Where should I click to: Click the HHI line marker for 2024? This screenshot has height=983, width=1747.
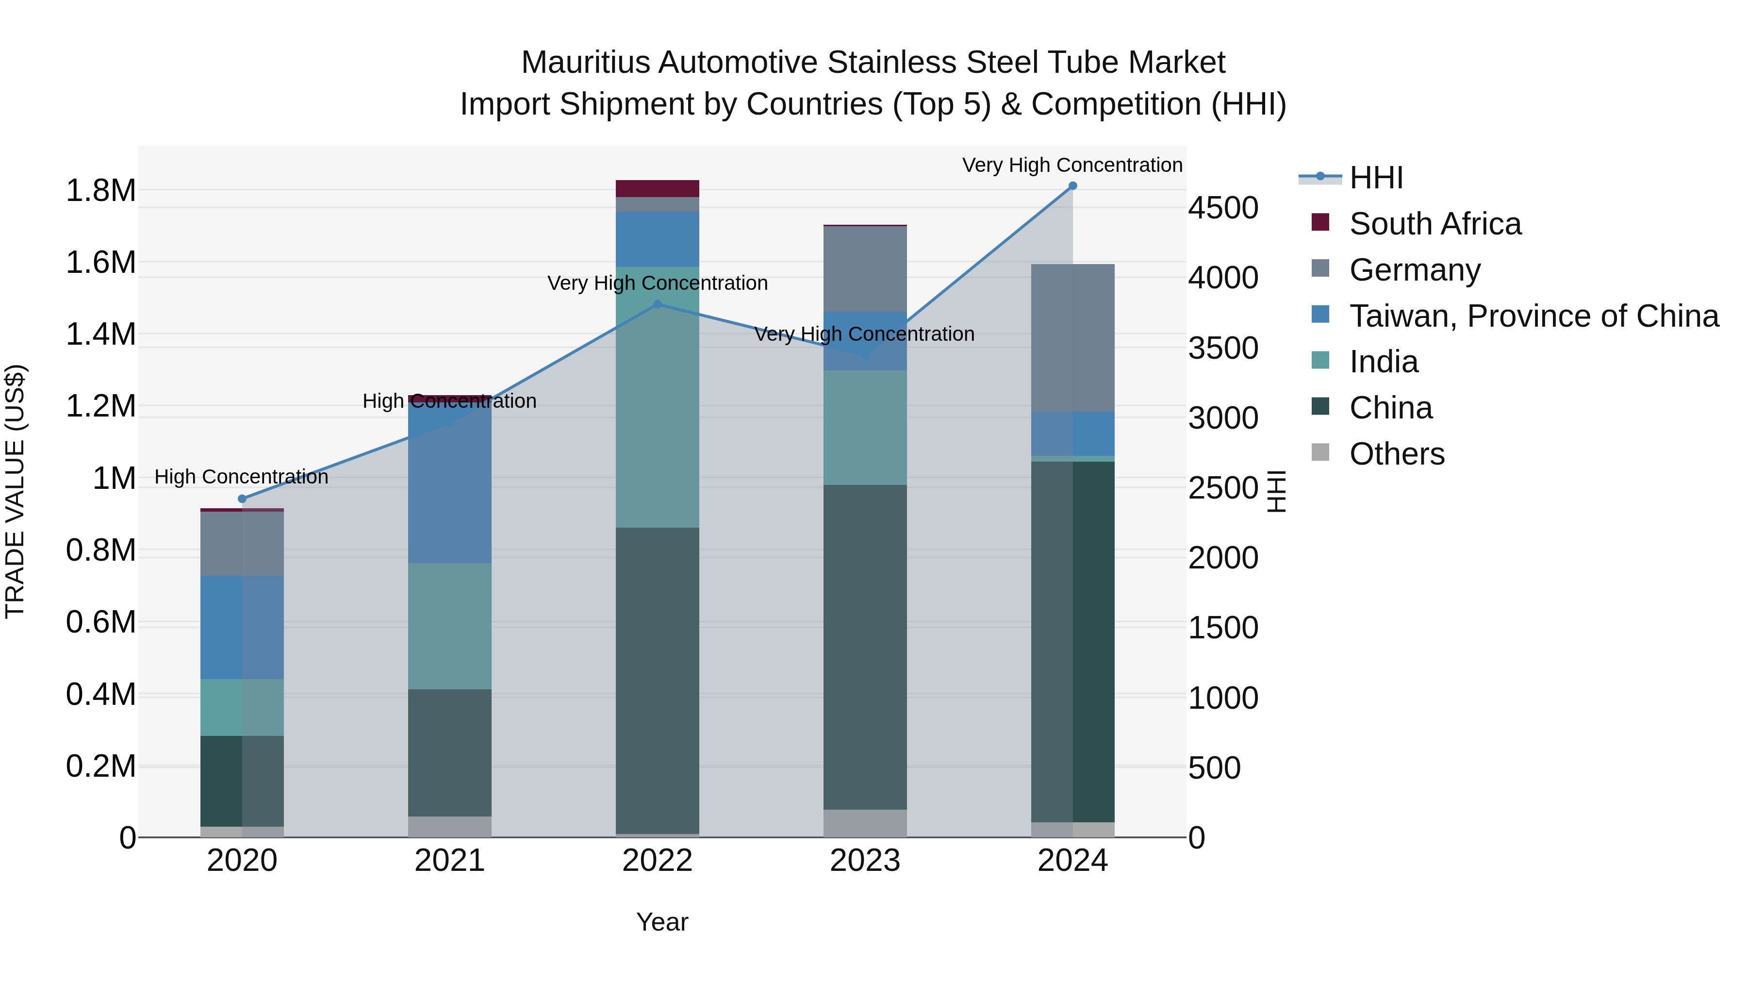coord(1072,186)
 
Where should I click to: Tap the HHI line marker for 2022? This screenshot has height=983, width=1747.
coord(657,304)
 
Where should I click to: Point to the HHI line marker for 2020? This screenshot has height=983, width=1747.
coord(242,499)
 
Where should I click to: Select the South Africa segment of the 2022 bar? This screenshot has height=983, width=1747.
coord(657,189)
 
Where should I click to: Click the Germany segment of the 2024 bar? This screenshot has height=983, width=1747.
coord(1072,338)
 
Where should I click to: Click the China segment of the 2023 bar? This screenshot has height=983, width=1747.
coord(865,647)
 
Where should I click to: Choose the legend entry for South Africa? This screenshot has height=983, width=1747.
coord(1434,224)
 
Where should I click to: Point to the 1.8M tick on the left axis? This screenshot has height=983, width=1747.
coord(101,191)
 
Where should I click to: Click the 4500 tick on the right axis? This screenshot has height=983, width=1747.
coord(1223,208)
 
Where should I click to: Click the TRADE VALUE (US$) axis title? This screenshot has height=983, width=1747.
coord(15,491)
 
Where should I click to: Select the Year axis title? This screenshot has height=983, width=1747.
coord(662,922)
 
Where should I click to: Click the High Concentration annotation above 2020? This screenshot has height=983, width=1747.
coord(242,477)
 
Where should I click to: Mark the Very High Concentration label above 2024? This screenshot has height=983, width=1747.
coord(1071,165)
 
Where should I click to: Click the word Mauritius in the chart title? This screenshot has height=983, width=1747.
coord(585,63)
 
